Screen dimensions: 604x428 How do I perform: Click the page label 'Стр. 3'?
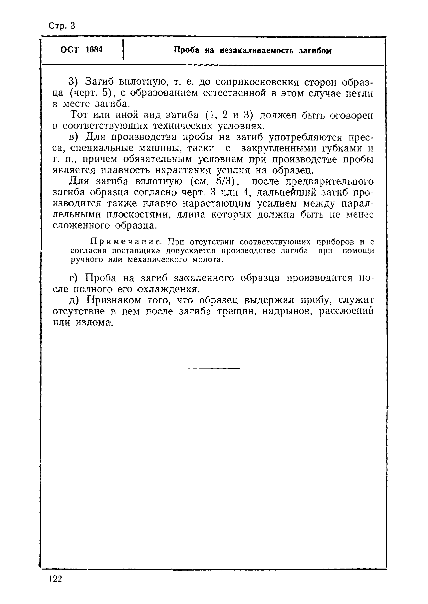(x=62, y=26)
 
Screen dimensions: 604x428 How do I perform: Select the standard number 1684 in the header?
(x=94, y=49)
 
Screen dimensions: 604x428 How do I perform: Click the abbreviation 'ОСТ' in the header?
(x=69, y=49)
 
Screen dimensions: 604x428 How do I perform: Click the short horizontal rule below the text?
(x=214, y=368)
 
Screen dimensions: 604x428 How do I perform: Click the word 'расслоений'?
(x=346, y=311)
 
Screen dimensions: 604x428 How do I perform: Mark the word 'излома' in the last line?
(x=94, y=322)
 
